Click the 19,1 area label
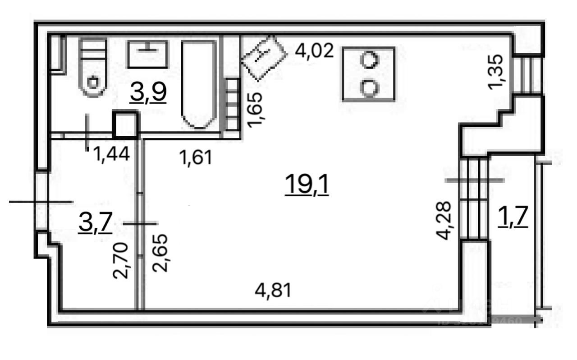tap(307, 185)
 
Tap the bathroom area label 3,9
tap(148, 93)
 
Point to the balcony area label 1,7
tap(513, 218)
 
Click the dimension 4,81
tap(273, 290)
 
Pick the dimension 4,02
tap(314, 51)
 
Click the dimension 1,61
tap(195, 157)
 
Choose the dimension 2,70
tap(122, 260)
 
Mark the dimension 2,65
tap(160, 253)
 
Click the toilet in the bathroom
tap(93, 68)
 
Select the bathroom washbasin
tap(147, 54)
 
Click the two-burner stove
tap(369, 74)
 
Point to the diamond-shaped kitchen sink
tap(264, 57)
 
